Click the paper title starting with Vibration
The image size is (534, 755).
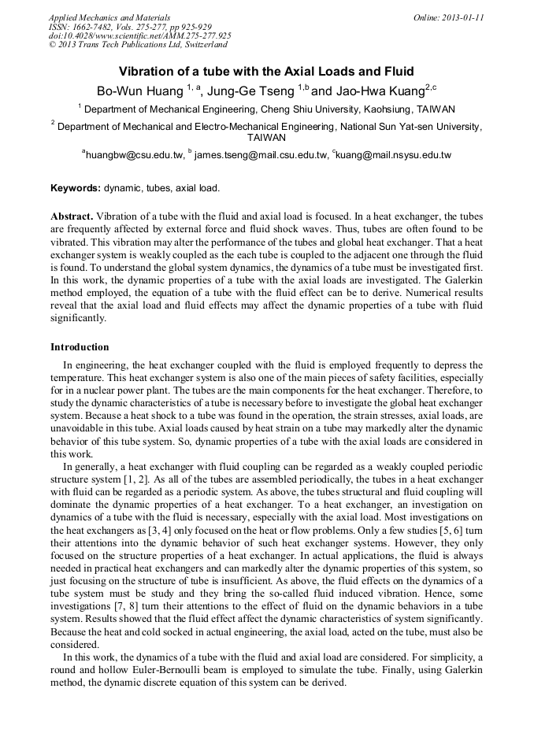pyautogui.click(x=266, y=71)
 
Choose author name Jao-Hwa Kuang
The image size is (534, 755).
pyautogui.click(x=379, y=91)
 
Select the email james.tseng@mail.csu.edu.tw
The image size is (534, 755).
pyautogui.click(x=260, y=155)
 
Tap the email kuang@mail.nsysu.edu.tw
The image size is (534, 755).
pyautogui.click(x=395, y=155)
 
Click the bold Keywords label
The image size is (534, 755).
pyautogui.click(x=76, y=189)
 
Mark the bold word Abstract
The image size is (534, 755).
pyautogui.click(x=72, y=216)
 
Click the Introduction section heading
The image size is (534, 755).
pyautogui.click(x=80, y=347)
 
